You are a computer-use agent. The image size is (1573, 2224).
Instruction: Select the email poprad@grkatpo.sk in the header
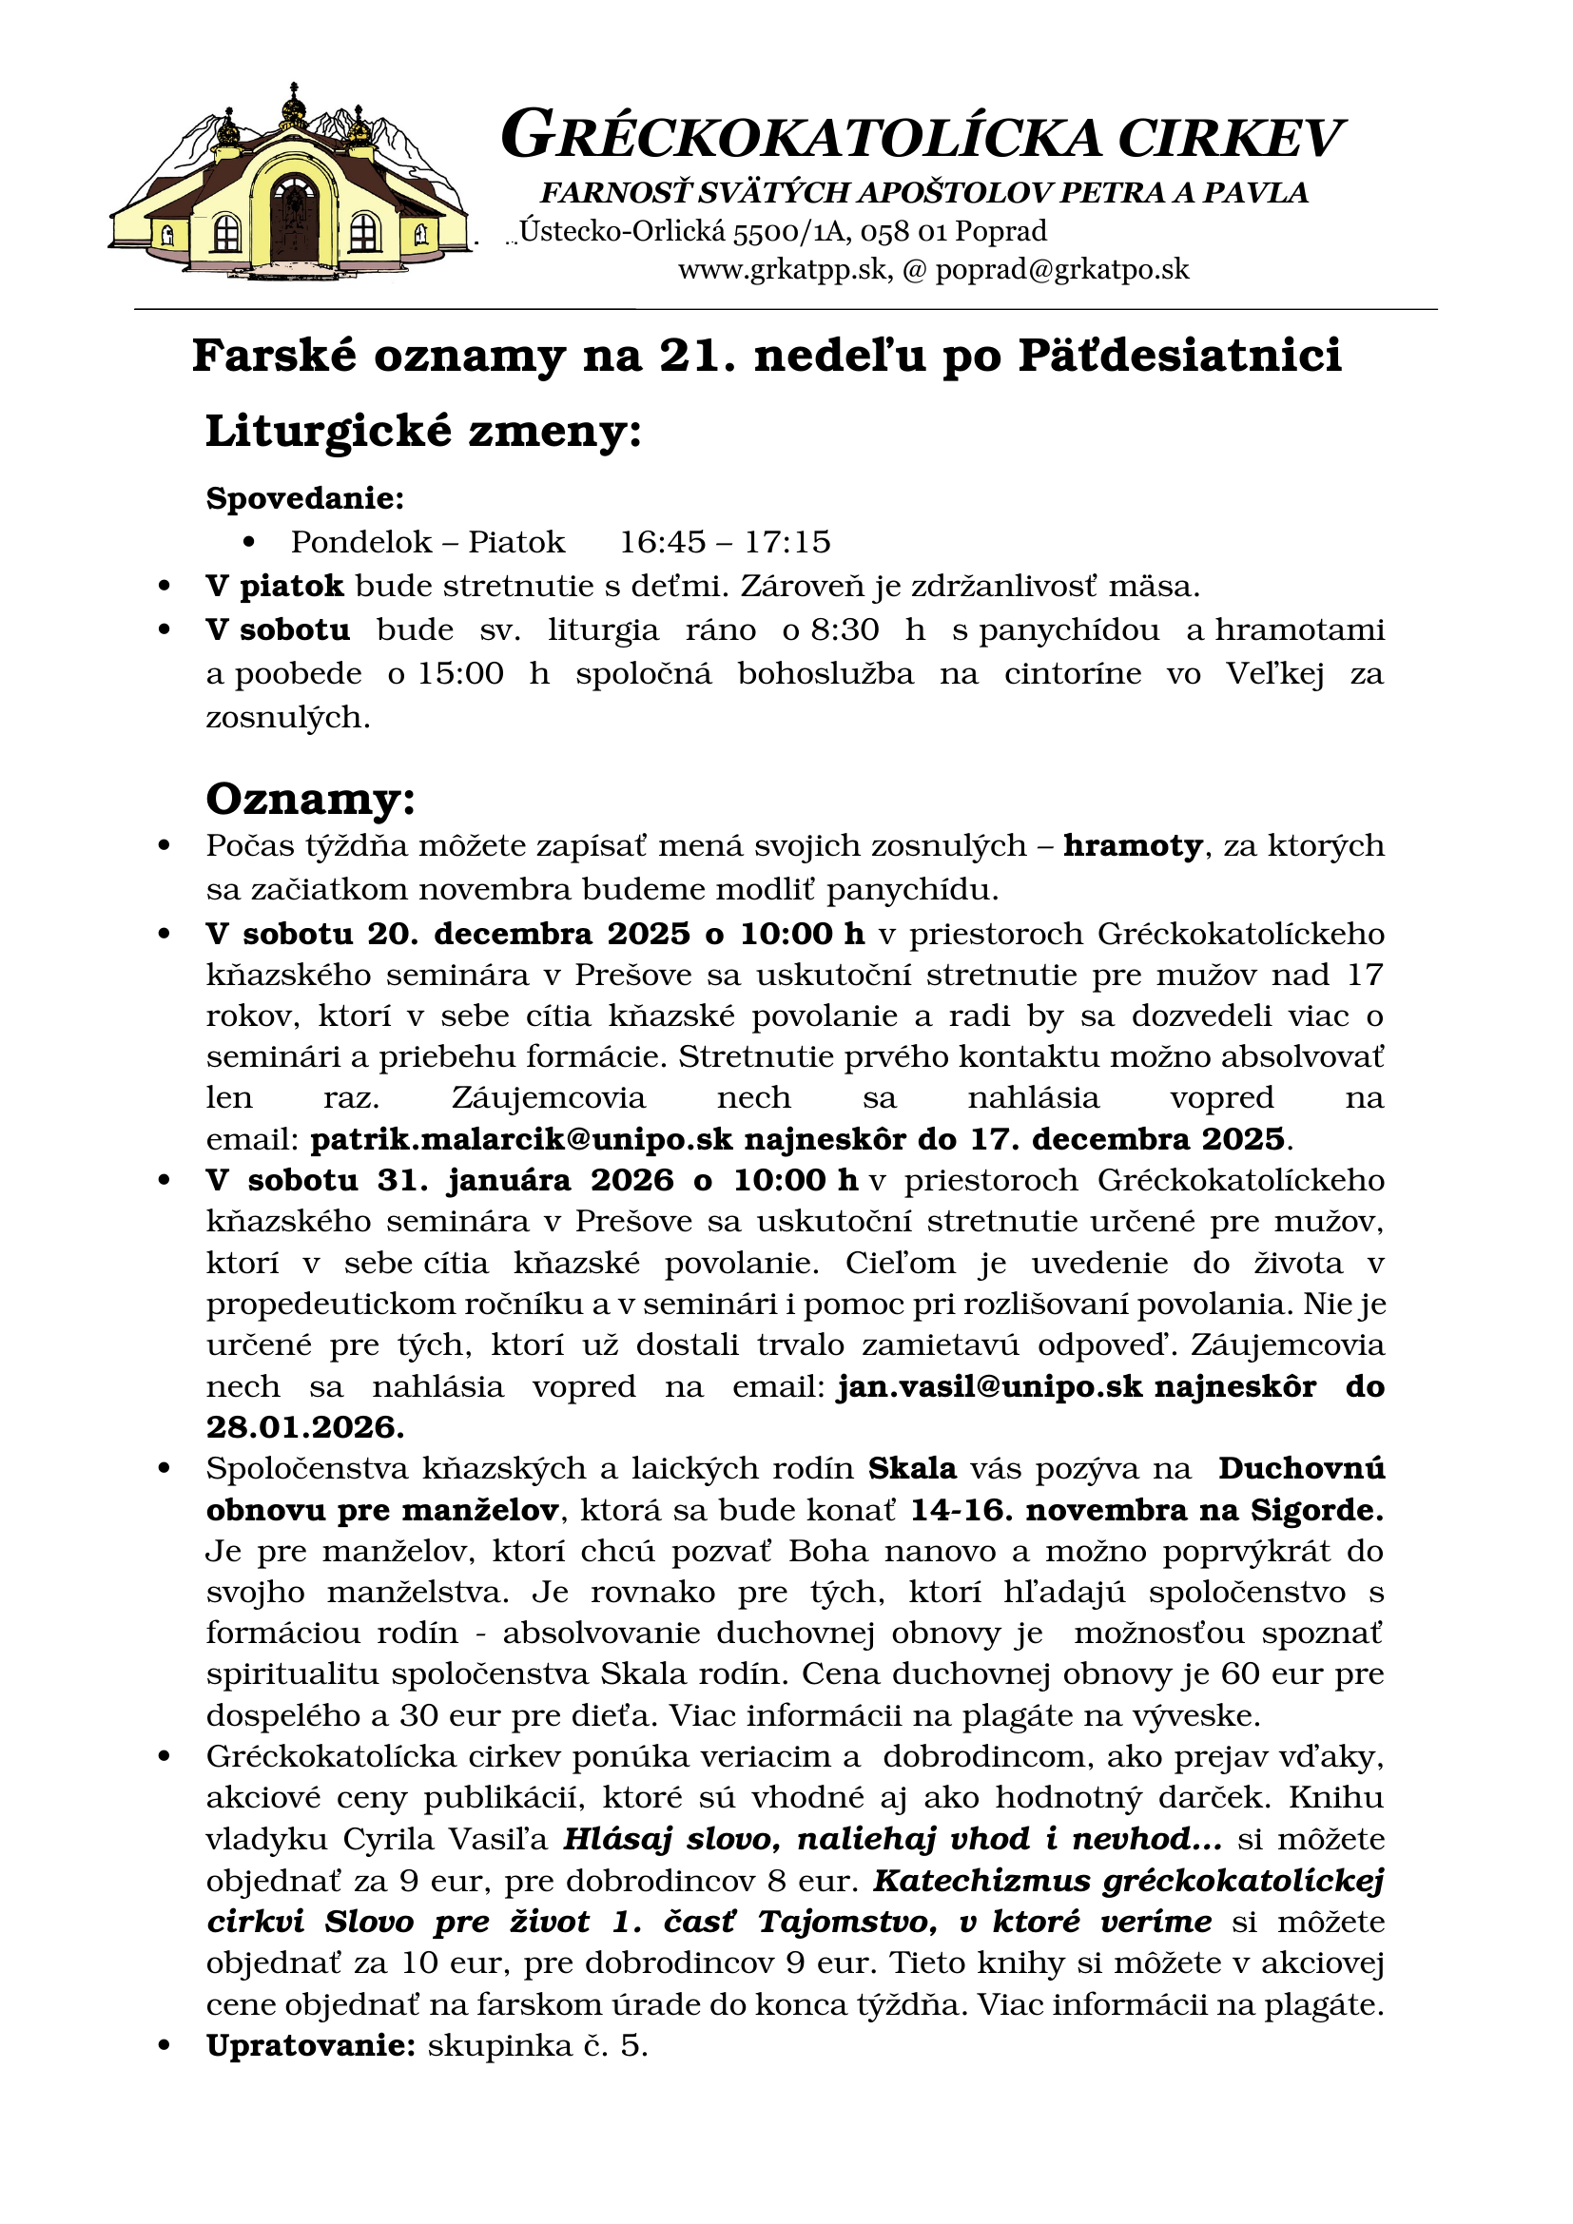pyautogui.click(x=1061, y=269)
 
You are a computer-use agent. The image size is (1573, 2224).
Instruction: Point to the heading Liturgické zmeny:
pyautogui.click(x=423, y=431)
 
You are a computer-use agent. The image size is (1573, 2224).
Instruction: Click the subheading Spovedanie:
pyautogui.click(x=305, y=499)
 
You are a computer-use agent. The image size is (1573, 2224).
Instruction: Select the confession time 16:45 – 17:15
pyautogui.click(x=725, y=541)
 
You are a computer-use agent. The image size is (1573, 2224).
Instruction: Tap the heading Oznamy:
pyautogui.click(x=310, y=799)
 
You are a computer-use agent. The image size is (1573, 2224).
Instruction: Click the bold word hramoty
pyautogui.click(x=1133, y=845)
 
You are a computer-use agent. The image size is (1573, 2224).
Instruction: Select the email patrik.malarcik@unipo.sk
pyautogui.click(x=521, y=1139)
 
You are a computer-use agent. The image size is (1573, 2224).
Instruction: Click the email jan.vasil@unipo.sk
pyautogui.click(x=990, y=1386)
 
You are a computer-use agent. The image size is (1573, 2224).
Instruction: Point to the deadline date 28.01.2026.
pyautogui.click(x=305, y=1427)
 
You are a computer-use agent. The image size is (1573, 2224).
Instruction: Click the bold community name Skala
pyautogui.click(x=911, y=1468)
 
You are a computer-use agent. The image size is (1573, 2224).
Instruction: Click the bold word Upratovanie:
pyautogui.click(x=311, y=2046)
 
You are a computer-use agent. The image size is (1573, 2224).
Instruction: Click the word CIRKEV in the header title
pyautogui.click(x=1230, y=138)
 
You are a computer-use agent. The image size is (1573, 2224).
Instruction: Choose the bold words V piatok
pyautogui.click(x=274, y=586)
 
